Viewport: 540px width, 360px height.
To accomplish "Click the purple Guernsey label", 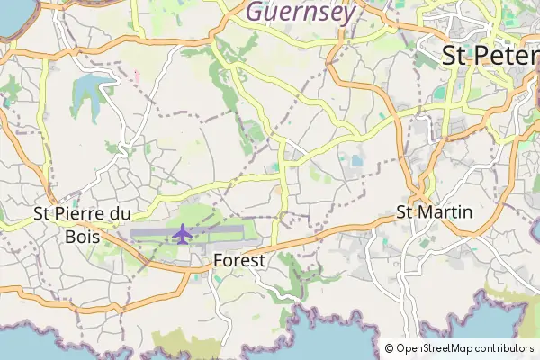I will pyautogui.click(x=300, y=12).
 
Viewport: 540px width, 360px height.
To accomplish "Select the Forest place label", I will pyautogui.click(x=240, y=260).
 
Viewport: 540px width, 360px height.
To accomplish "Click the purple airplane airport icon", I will pyautogui.click(x=183, y=234).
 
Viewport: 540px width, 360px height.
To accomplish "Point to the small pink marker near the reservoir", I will pyautogui.click(x=137, y=75).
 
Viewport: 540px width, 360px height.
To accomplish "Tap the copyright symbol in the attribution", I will pyautogui.click(x=389, y=348).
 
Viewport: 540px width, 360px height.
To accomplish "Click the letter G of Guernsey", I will pyautogui.click(x=255, y=12).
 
